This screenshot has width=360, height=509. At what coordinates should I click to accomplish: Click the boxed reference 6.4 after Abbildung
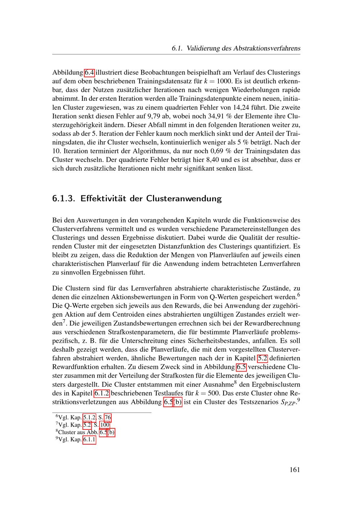[89, 72]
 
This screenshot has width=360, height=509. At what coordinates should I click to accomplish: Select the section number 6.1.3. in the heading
[63, 198]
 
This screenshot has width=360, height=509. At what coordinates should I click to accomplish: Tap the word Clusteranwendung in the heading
[184, 198]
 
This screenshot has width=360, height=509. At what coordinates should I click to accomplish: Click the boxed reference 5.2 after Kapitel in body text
[262, 358]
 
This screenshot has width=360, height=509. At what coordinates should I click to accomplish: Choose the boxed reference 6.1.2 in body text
[102, 393]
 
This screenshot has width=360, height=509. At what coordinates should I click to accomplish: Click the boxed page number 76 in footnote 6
[108, 418]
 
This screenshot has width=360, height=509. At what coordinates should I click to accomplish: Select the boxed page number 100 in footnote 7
[105, 425]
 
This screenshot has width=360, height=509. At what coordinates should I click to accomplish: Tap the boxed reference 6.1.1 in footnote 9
[89, 440]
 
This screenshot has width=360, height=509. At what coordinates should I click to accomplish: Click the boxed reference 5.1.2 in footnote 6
[89, 418]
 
